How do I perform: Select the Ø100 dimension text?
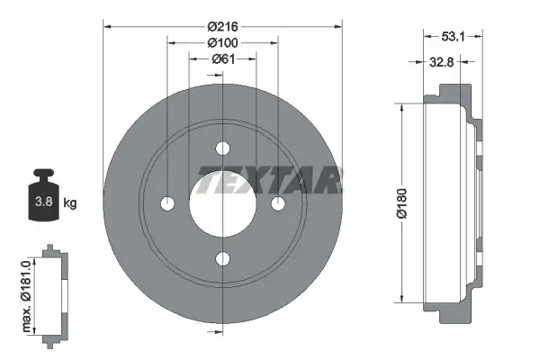pyautogui.click(x=222, y=43)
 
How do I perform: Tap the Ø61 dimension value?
pyautogui.click(x=222, y=59)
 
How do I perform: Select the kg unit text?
pyautogui.click(x=70, y=203)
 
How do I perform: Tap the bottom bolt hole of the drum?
pyautogui.click(x=222, y=259)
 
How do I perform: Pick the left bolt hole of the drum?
pyautogui.click(x=167, y=204)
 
